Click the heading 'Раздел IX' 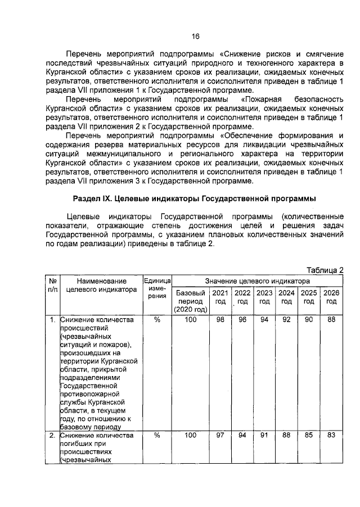tap(195, 199)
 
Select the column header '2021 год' tap(220, 297)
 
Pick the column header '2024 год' tap(287, 297)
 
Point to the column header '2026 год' tap(331, 297)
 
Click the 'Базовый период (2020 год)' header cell tap(190, 301)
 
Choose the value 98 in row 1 tap(220, 320)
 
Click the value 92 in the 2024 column tap(287, 320)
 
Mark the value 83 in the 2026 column tap(331, 435)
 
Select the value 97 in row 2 tap(220, 435)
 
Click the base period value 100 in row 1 tap(190, 320)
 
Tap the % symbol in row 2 tap(157, 435)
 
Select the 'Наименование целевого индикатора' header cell tap(101, 285)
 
